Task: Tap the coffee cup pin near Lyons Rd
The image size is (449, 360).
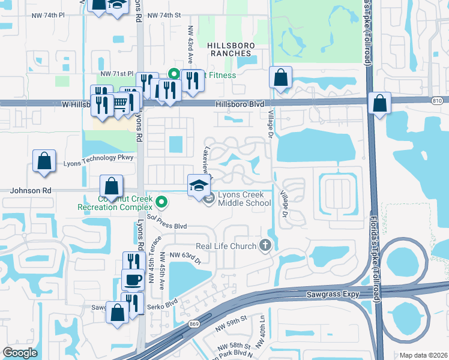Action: [x=133, y=279]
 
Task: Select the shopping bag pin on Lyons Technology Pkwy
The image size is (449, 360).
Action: [x=44, y=161]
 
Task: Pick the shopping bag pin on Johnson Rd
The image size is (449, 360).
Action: [x=111, y=186]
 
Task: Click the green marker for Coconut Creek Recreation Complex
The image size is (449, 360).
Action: [x=160, y=200]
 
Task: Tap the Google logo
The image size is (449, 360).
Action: [x=20, y=353]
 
